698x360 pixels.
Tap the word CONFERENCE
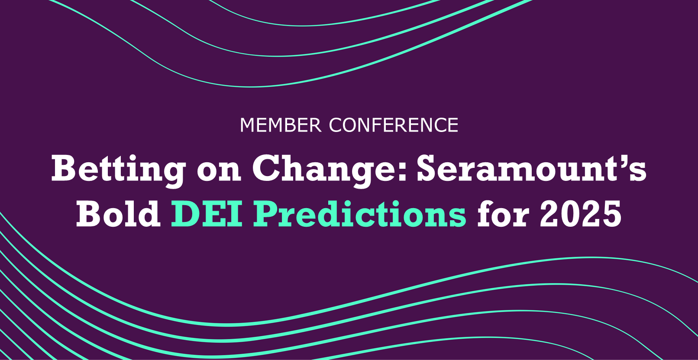coord(394,125)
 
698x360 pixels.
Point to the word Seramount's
coord(531,169)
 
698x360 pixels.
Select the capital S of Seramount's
coord(430,169)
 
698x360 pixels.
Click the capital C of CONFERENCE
coord(336,125)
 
